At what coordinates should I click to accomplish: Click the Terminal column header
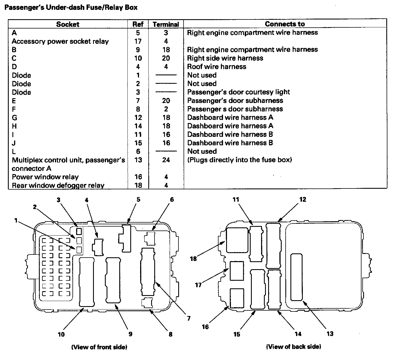[166, 24]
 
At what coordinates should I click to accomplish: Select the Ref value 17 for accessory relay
[138, 41]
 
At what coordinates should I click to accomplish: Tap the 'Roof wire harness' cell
[217, 67]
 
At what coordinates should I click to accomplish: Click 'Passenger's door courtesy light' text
[239, 92]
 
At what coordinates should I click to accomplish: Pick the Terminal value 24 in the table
[166, 160]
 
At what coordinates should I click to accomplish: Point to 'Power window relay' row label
[45, 177]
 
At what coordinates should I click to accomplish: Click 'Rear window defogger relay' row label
[58, 185]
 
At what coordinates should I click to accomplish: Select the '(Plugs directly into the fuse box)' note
[239, 160]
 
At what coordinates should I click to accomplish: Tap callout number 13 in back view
[330, 334]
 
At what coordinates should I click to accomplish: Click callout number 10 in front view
[61, 334]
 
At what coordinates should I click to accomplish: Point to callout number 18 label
[193, 258]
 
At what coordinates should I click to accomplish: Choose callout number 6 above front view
[172, 200]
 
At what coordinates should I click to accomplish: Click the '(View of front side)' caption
[99, 347]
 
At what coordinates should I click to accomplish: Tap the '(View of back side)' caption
[294, 346]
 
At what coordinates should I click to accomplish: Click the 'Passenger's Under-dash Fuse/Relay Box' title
[71, 8]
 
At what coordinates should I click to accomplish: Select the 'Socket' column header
[68, 24]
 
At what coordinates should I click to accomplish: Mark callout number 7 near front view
[189, 319]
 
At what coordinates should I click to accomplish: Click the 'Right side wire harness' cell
[225, 58]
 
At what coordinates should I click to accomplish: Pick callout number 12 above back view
[303, 199]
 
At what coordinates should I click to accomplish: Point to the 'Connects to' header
[285, 24]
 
